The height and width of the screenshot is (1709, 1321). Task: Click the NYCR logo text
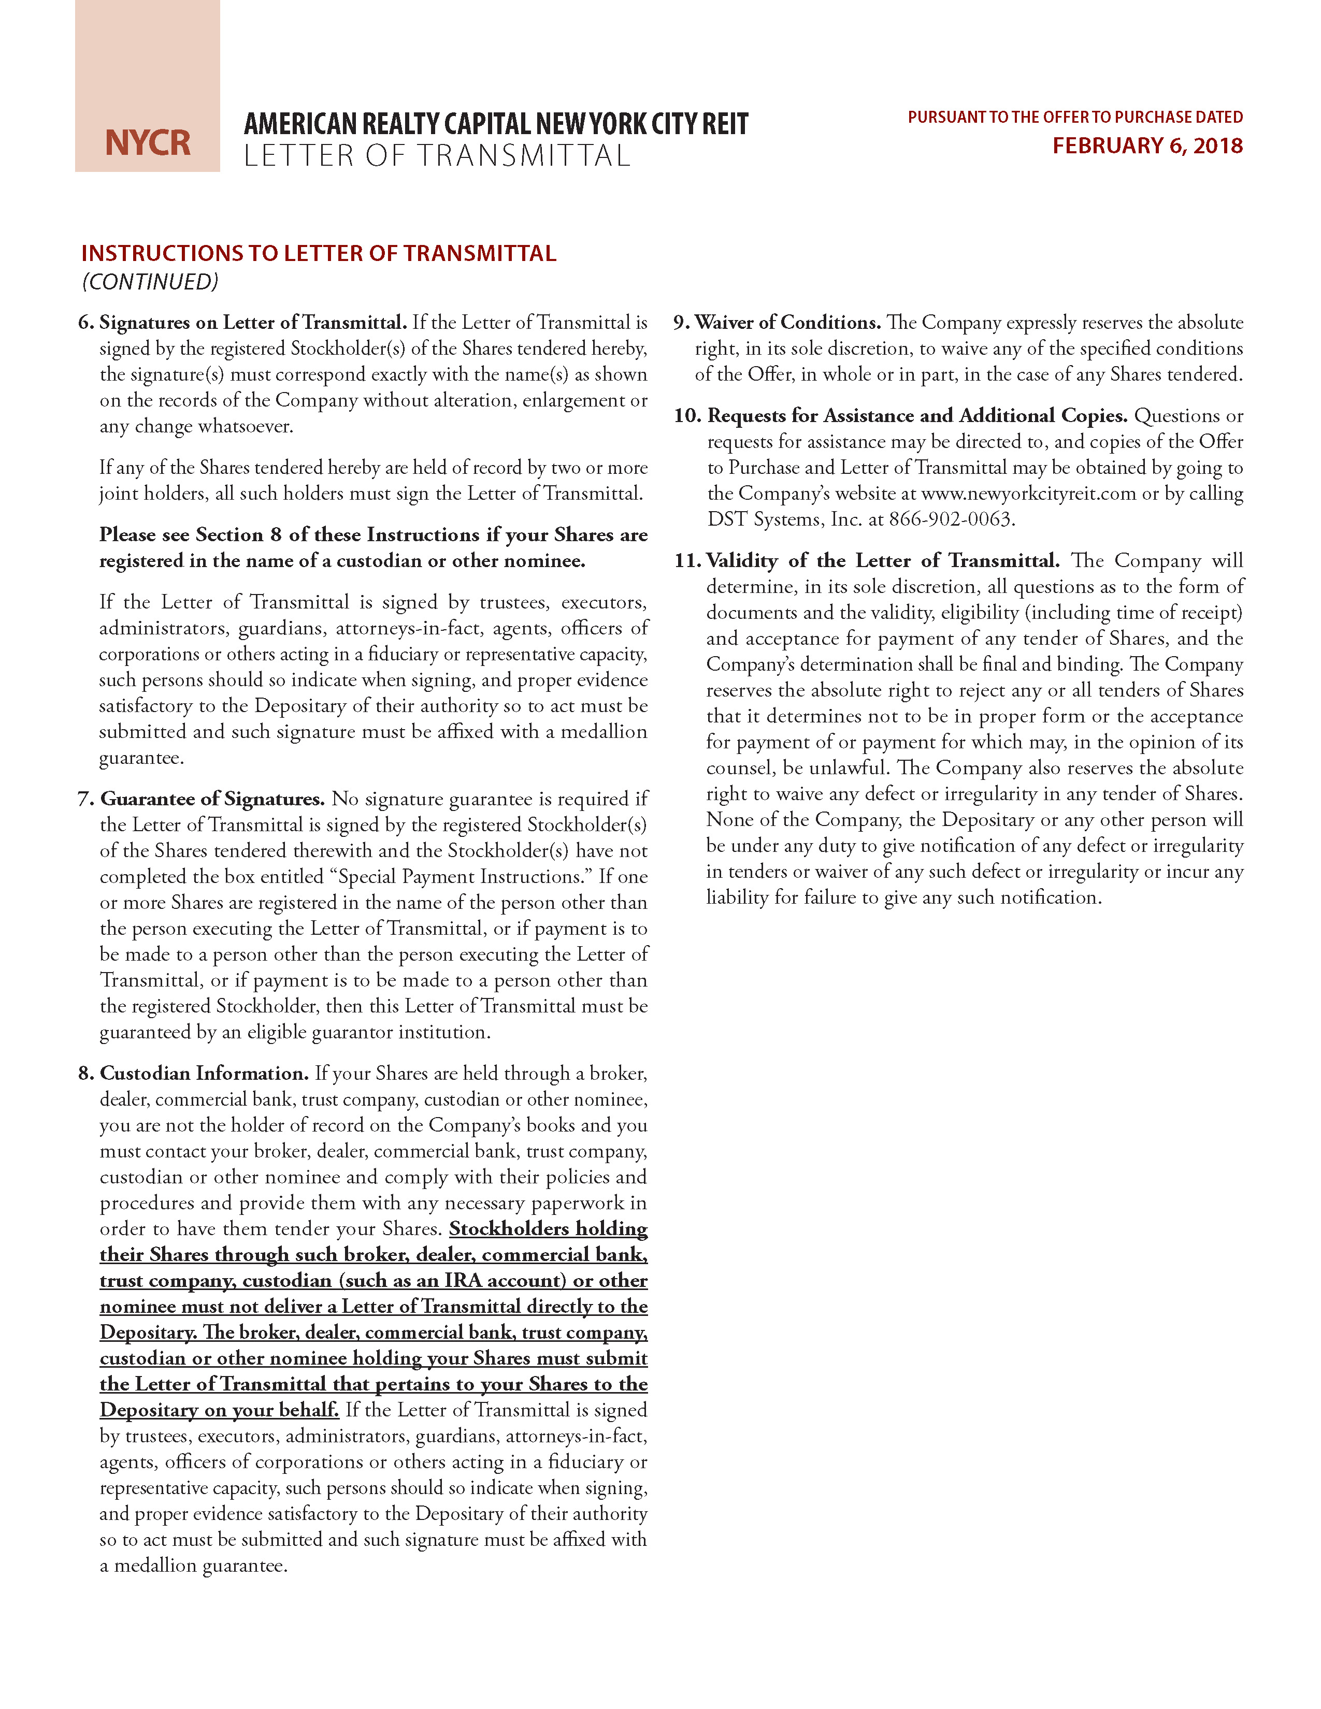[x=148, y=142]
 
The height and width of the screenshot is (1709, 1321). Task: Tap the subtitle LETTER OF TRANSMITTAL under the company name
[x=437, y=156]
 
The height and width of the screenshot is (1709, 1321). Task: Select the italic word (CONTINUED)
[x=150, y=282]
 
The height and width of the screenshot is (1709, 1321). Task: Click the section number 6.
[x=85, y=323]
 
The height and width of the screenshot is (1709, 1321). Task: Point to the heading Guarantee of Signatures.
[x=212, y=799]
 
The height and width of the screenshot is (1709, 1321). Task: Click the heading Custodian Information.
[x=204, y=1073]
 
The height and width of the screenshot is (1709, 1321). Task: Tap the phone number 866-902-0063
[x=951, y=519]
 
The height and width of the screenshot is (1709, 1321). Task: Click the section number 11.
[x=688, y=560]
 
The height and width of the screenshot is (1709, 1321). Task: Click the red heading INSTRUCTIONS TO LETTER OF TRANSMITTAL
[x=319, y=254]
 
